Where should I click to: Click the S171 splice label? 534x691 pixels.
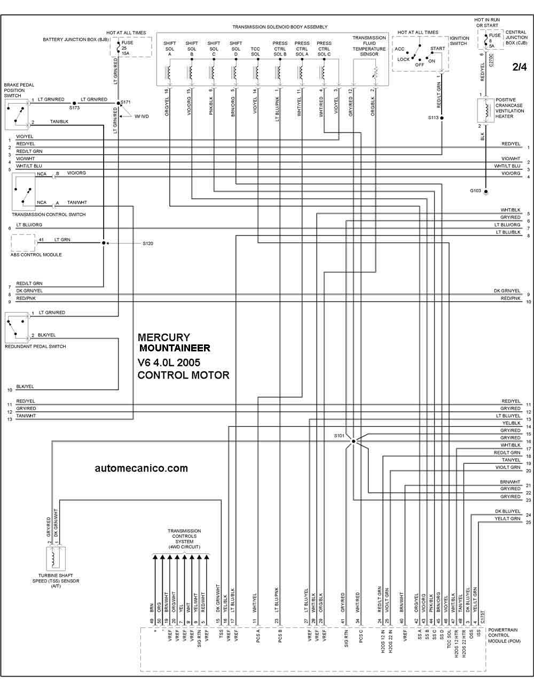[125, 102]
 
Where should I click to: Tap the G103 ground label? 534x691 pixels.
[475, 191]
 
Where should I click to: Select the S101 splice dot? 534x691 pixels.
[354, 442]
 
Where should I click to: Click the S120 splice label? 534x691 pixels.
[148, 244]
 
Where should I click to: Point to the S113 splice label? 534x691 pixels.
[433, 117]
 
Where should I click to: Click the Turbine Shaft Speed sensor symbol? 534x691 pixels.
[56, 559]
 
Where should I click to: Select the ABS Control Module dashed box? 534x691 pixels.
[23, 242]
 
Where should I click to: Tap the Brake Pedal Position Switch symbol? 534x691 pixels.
[17, 114]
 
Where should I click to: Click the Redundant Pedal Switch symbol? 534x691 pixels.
[17, 327]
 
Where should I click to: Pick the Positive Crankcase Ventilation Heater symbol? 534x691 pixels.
[485, 111]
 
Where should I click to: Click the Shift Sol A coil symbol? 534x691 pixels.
[168, 73]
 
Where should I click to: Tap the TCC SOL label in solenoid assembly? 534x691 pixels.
[255, 51]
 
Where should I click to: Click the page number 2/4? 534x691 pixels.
[520, 67]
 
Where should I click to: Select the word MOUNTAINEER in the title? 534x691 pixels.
[175, 348]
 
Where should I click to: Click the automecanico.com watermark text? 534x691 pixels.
[141, 468]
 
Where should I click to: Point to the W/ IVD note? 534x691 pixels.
[142, 116]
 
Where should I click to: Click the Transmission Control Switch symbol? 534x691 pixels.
[24, 192]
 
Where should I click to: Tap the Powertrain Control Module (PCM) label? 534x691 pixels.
[505, 635]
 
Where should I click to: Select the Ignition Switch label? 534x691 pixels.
[459, 41]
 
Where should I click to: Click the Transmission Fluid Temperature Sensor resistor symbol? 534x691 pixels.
[376, 73]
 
